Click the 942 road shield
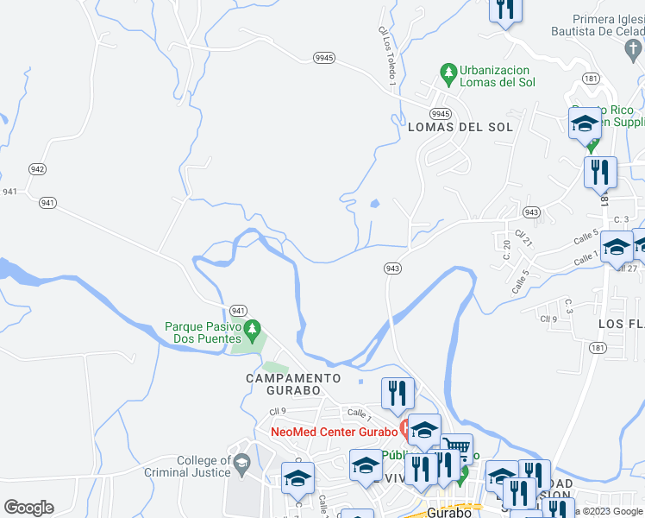tap(36, 168)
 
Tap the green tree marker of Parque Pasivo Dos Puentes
tap(252, 328)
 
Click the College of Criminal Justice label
tap(204, 467)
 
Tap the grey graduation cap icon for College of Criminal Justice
tap(241, 465)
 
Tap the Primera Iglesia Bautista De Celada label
tap(609, 25)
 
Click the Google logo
tap(28, 508)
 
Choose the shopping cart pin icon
tap(458, 448)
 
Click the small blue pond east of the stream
tap(374, 205)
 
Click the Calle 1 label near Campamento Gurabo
tap(359, 414)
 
